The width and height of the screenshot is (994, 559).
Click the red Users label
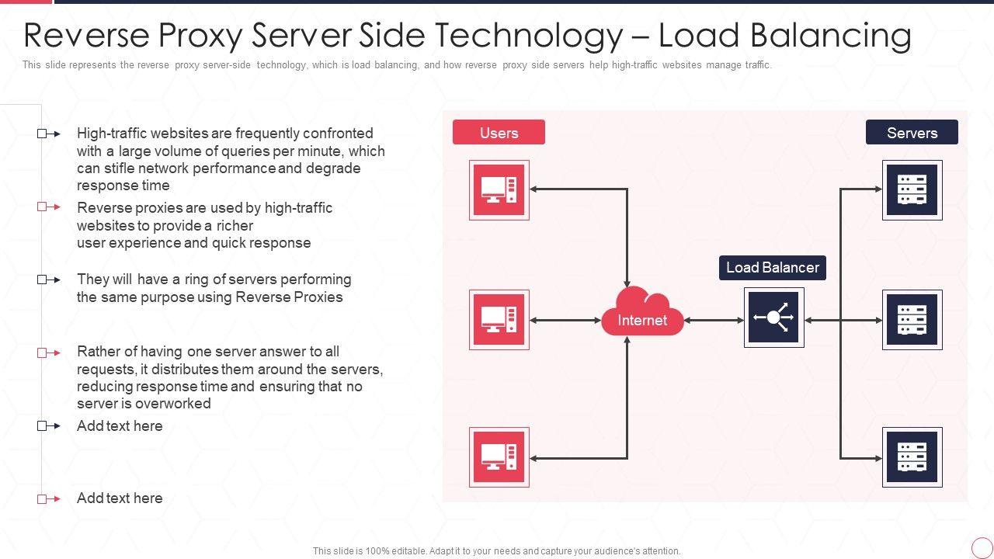click(x=499, y=133)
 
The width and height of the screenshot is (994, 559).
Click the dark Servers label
click(x=912, y=133)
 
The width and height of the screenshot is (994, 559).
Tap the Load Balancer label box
click(x=772, y=268)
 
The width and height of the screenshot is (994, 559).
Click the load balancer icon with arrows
click(x=773, y=318)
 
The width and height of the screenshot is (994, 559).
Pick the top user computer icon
click(x=499, y=190)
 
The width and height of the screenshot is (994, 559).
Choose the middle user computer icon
click(x=499, y=320)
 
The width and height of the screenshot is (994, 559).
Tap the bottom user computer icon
click(x=499, y=457)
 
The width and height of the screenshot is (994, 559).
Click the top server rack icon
click(x=912, y=190)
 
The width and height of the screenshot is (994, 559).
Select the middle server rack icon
click(x=912, y=320)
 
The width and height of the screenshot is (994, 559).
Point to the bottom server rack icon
click(x=912, y=457)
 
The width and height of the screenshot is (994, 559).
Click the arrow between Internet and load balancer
click(x=714, y=320)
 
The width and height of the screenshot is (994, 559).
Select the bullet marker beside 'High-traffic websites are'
click(x=48, y=134)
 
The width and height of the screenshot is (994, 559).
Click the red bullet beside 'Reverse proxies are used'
click(x=48, y=207)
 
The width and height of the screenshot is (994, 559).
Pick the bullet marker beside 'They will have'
click(x=48, y=279)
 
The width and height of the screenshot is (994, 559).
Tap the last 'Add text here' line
click(x=120, y=498)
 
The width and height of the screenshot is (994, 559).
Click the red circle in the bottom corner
click(x=982, y=547)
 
